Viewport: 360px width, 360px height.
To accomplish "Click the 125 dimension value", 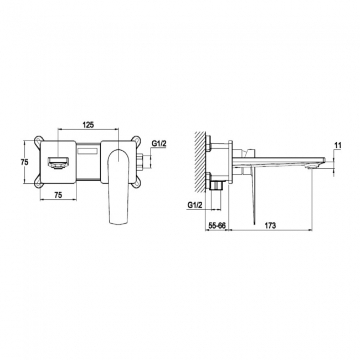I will (x=88, y=125).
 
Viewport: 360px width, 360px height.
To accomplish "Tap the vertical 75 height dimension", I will (x=24, y=162).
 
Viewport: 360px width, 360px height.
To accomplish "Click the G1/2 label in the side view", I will (x=194, y=204).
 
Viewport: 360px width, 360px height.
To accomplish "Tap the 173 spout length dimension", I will (x=270, y=226).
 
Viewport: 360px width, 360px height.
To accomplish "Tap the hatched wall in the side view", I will (x=199, y=161).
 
